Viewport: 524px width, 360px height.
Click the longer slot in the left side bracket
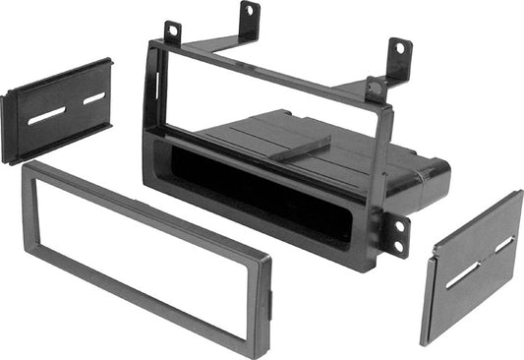click(x=46, y=116)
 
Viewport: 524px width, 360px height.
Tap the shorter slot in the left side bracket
click(x=94, y=98)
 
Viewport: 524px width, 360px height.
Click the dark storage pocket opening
click(x=256, y=197)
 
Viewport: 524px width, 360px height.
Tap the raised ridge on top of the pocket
click(x=299, y=147)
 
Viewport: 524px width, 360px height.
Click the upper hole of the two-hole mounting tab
click(x=398, y=225)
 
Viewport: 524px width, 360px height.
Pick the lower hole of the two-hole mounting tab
click(x=398, y=250)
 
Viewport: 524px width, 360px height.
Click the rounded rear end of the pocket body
click(x=433, y=177)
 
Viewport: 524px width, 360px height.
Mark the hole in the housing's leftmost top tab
click(x=174, y=32)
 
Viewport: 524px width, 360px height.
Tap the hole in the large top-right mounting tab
click(x=398, y=48)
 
